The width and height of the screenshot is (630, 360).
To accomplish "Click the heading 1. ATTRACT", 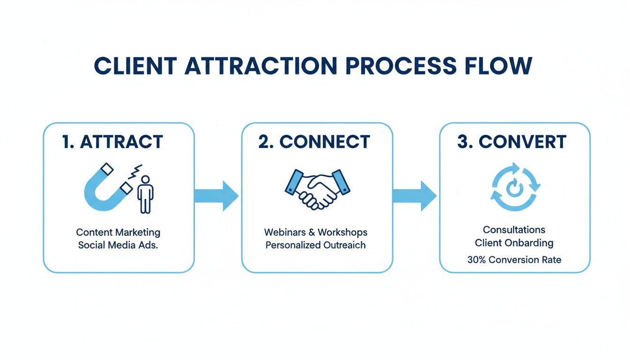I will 112,142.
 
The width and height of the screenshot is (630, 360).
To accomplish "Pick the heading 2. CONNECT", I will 314,142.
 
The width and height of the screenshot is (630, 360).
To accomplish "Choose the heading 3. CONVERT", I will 512,142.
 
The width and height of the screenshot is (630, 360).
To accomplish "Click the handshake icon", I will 317,189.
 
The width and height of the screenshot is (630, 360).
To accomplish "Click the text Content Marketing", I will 118,232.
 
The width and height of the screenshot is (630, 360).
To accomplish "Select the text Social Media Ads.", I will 118,245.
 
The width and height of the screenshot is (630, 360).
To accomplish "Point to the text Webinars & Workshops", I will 316,232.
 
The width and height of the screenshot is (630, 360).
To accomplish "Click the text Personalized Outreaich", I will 316,245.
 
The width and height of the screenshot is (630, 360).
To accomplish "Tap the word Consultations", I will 514,230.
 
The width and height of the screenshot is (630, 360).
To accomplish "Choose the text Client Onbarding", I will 514,243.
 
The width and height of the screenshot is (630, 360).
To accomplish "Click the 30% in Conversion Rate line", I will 477,259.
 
